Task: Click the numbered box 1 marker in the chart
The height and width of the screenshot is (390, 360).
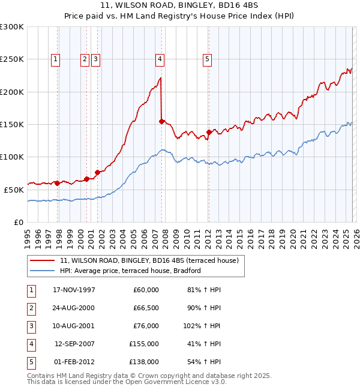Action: tap(55, 59)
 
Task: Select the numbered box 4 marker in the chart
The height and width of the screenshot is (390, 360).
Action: tap(160, 59)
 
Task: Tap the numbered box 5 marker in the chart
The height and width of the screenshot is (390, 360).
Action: tap(207, 59)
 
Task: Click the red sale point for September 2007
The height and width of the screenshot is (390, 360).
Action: tap(161, 121)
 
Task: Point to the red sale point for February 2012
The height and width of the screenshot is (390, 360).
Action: tap(208, 133)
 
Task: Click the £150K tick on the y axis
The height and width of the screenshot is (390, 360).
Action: tap(12, 124)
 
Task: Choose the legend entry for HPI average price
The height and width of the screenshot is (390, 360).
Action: tap(130, 271)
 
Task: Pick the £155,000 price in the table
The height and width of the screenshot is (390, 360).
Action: tap(145, 344)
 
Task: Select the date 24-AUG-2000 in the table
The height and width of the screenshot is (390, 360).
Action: tap(74, 308)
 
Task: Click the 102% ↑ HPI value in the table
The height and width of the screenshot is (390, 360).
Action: tap(202, 326)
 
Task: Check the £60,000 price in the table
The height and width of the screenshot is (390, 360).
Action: tap(146, 290)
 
